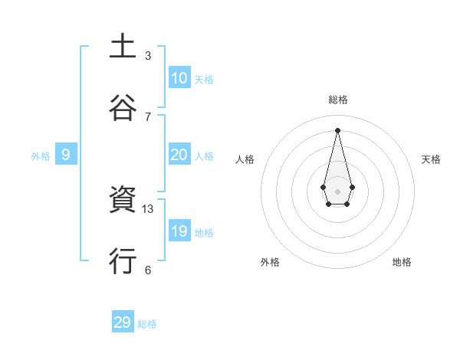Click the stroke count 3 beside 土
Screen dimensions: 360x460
(x=148, y=56)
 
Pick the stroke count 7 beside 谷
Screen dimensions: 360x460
(x=148, y=116)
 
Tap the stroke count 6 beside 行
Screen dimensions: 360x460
(x=148, y=270)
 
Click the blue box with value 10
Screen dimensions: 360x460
(x=179, y=78)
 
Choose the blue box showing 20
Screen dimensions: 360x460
(x=179, y=155)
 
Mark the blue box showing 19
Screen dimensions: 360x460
(x=179, y=231)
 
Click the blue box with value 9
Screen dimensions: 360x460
(x=66, y=155)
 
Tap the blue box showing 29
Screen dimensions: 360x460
(x=123, y=322)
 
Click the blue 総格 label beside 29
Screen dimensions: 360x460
(x=147, y=324)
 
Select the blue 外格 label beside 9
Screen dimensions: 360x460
(x=41, y=156)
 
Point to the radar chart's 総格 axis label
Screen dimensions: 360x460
(x=338, y=100)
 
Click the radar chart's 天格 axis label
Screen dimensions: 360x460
(x=432, y=159)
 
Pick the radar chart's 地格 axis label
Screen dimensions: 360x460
(x=402, y=262)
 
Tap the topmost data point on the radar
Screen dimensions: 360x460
(x=337, y=129)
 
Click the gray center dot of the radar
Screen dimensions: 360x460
(x=337, y=191)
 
